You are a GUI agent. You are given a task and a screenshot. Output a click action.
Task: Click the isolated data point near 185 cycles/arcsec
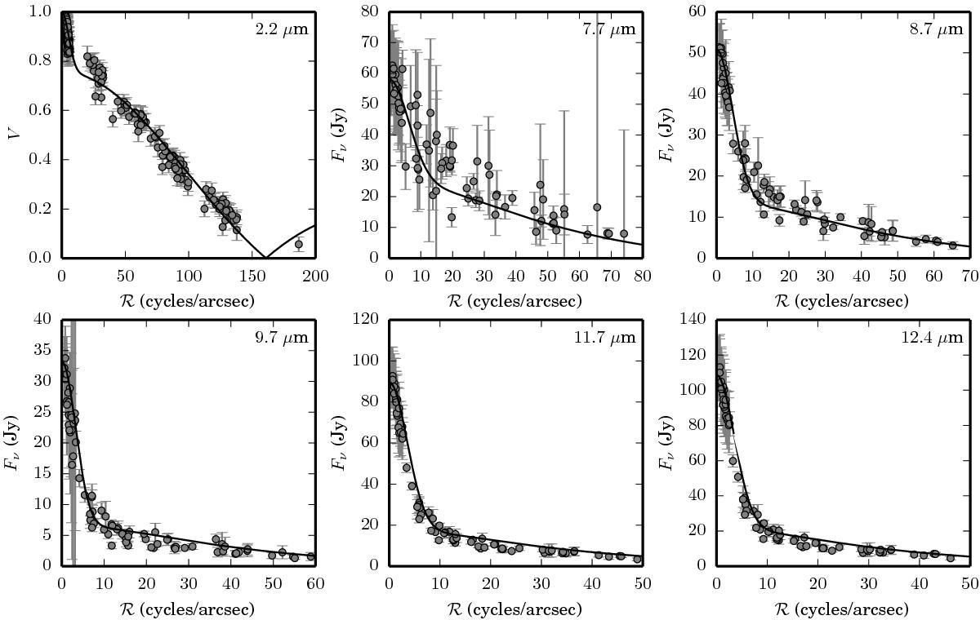coord(299,244)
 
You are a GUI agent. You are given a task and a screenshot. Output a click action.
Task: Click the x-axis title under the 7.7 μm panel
coord(515,301)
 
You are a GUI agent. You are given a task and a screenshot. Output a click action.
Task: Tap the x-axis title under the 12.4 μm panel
coord(842,609)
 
